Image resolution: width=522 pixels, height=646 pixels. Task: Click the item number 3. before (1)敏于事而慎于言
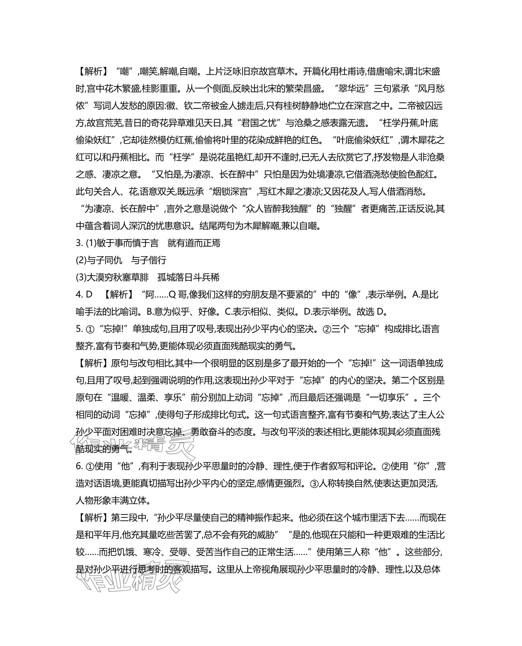[79, 243]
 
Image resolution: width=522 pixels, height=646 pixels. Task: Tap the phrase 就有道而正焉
[194, 243]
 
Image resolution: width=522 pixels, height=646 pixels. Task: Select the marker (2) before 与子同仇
[81, 260]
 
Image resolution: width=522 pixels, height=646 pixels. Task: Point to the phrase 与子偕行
[149, 260]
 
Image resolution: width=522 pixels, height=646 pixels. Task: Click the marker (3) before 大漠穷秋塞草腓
[81, 277]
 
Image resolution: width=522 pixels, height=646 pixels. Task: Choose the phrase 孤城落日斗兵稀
[189, 277]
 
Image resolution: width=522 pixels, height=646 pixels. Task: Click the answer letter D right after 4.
[89, 294]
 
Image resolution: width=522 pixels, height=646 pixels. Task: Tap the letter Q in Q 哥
[172, 294]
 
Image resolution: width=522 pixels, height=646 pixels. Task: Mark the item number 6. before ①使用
[79, 466]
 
